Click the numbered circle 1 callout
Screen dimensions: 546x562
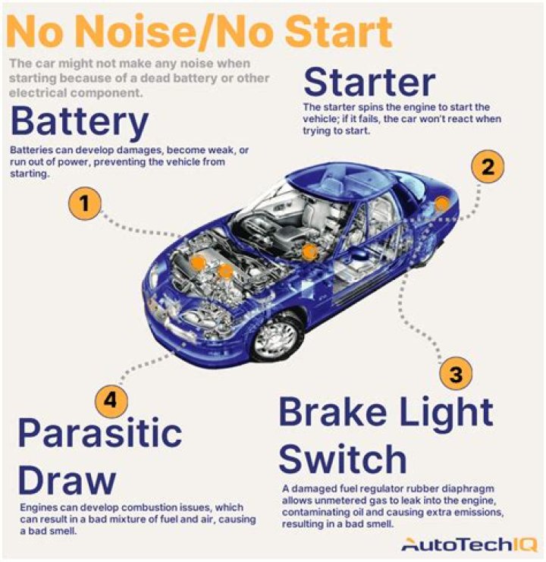click(x=84, y=203)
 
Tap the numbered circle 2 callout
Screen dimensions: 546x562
click(x=488, y=167)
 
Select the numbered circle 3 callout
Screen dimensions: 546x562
click(x=456, y=374)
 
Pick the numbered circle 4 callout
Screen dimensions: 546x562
click(x=111, y=400)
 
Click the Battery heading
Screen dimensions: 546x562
click(x=79, y=122)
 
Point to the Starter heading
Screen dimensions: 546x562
click(x=369, y=83)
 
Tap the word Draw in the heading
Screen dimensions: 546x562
click(x=67, y=479)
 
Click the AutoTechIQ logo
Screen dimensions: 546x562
click(x=469, y=545)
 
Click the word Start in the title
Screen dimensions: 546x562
click(x=338, y=31)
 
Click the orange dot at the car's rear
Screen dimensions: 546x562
click(x=442, y=204)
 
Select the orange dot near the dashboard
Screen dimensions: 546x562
click(x=309, y=252)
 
